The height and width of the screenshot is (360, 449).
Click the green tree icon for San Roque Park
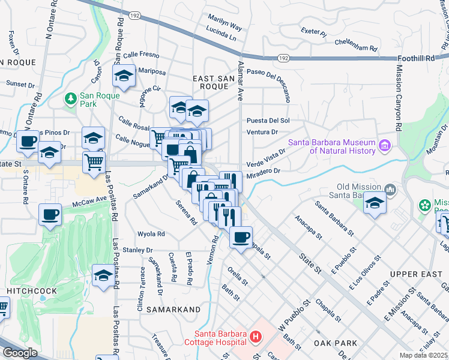71,97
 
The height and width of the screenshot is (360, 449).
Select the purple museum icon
385,145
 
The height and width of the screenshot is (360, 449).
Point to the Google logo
20,353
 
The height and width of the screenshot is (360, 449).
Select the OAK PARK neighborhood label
335,343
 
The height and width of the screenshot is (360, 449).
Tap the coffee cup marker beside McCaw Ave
50,214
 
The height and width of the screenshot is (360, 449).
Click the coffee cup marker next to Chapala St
241,238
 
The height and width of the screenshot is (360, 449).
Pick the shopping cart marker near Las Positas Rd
94,162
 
